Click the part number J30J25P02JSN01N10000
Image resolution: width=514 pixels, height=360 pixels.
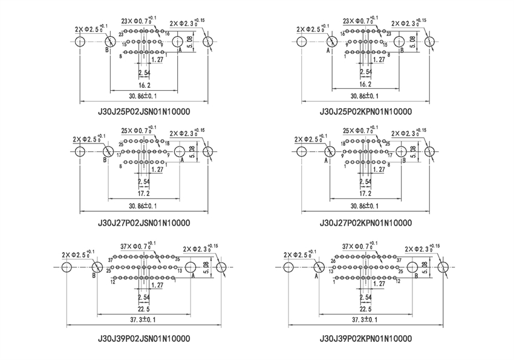click(144, 112)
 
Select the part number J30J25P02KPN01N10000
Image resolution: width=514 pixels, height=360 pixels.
click(366, 112)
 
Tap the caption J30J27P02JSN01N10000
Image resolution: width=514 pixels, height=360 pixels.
click(144, 222)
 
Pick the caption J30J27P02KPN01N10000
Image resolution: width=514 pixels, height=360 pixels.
click(366, 222)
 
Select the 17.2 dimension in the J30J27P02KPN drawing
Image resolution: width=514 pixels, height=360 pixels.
click(366, 194)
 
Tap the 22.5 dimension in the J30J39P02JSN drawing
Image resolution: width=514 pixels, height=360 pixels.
click(144, 309)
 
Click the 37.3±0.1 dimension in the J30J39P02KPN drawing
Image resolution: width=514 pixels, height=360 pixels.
click(366, 319)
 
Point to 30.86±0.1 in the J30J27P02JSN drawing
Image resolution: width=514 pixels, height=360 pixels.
click(144, 206)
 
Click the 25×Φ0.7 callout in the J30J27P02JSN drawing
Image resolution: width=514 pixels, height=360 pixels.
click(139, 129)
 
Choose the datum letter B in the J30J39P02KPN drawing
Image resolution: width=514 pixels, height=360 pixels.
click(416, 277)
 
